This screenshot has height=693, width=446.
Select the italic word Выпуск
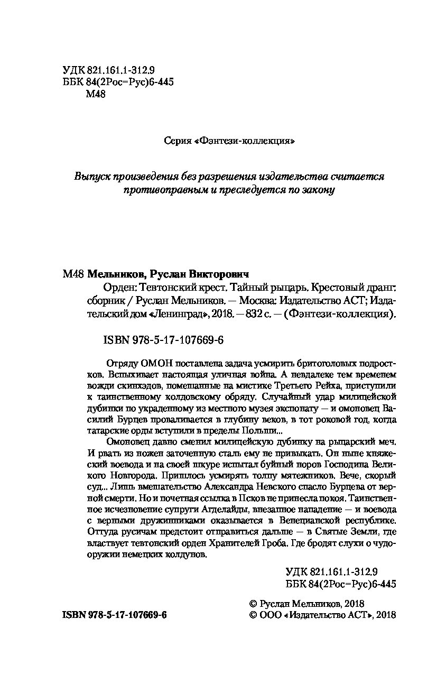(x=94, y=177)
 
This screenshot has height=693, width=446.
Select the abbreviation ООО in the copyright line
(x=270, y=615)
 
